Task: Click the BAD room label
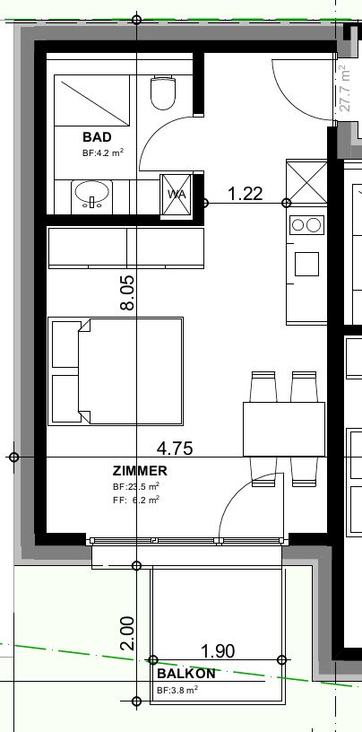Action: click(97, 137)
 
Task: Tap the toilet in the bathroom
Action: click(162, 92)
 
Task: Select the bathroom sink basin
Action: click(90, 193)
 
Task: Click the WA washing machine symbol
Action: click(177, 194)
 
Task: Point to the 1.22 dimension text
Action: click(245, 193)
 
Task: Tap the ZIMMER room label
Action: click(140, 470)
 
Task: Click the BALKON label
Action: click(185, 674)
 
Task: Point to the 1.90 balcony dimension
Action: click(218, 651)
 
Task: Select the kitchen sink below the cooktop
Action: click(306, 263)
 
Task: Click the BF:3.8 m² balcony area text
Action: click(177, 691)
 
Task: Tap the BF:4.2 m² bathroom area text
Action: click(102, 152)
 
